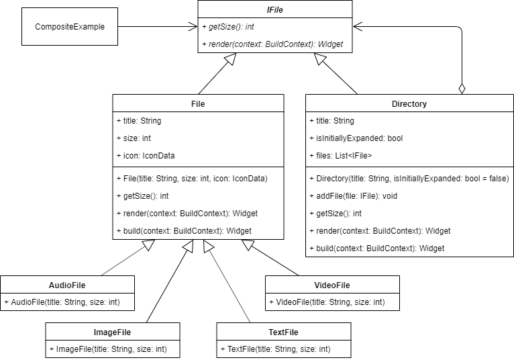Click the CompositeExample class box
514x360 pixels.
click(69, 27)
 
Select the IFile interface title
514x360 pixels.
click(275, 10)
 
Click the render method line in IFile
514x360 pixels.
click(272, 44)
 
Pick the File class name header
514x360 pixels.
click(198, 104)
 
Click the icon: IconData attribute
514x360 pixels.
click(146, 156)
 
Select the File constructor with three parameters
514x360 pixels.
click(192, 179)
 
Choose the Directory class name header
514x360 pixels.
click(409, 104)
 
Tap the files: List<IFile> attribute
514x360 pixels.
click(341, 156)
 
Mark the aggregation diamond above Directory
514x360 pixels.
click(462, 88)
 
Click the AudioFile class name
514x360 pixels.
click(67, 285)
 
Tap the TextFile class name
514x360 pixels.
click(283, 332)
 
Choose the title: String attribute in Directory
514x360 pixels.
click(331, 121)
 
